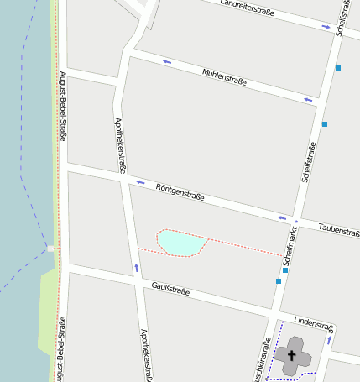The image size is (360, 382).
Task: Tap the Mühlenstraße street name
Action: coord(224,78)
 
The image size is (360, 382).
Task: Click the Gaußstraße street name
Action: coord(170,290)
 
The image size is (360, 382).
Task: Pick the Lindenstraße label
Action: coord(315,322)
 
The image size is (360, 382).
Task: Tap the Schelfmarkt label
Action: coord(290,247)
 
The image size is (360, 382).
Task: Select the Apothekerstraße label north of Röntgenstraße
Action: coord(119,145)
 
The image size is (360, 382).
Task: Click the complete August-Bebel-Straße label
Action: coord(63,107)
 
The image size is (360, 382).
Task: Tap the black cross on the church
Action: coord(292,355)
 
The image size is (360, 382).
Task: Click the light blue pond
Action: coord(181,243)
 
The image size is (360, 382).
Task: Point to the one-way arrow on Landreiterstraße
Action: coord(326,27)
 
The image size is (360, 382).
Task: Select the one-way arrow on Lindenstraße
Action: coord(329,340)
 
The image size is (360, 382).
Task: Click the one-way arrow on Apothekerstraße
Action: coord(136,268)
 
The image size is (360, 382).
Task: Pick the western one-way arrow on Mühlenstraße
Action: coord(167,62)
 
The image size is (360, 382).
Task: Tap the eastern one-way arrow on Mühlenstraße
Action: coord(308,100)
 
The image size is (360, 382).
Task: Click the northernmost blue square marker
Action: coord(338,67)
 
